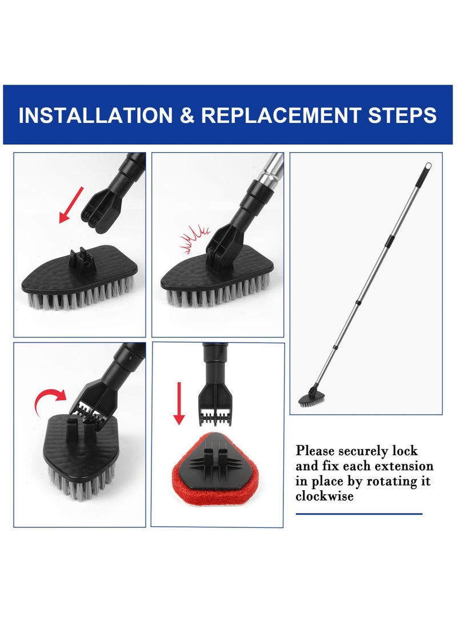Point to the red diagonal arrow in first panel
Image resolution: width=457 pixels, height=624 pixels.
pyautogui.click(x=71, y=205)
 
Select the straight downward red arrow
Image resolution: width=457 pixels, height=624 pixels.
pyautogui.click(x=179, y=403)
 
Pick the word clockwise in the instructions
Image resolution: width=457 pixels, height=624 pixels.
pyautogui.click(x=324, y=496)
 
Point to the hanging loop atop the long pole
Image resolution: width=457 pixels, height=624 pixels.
pyautogui.click(x=427, y=168)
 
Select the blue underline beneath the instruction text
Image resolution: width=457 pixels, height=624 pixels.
pyautogui.click(x=359, y=514)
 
